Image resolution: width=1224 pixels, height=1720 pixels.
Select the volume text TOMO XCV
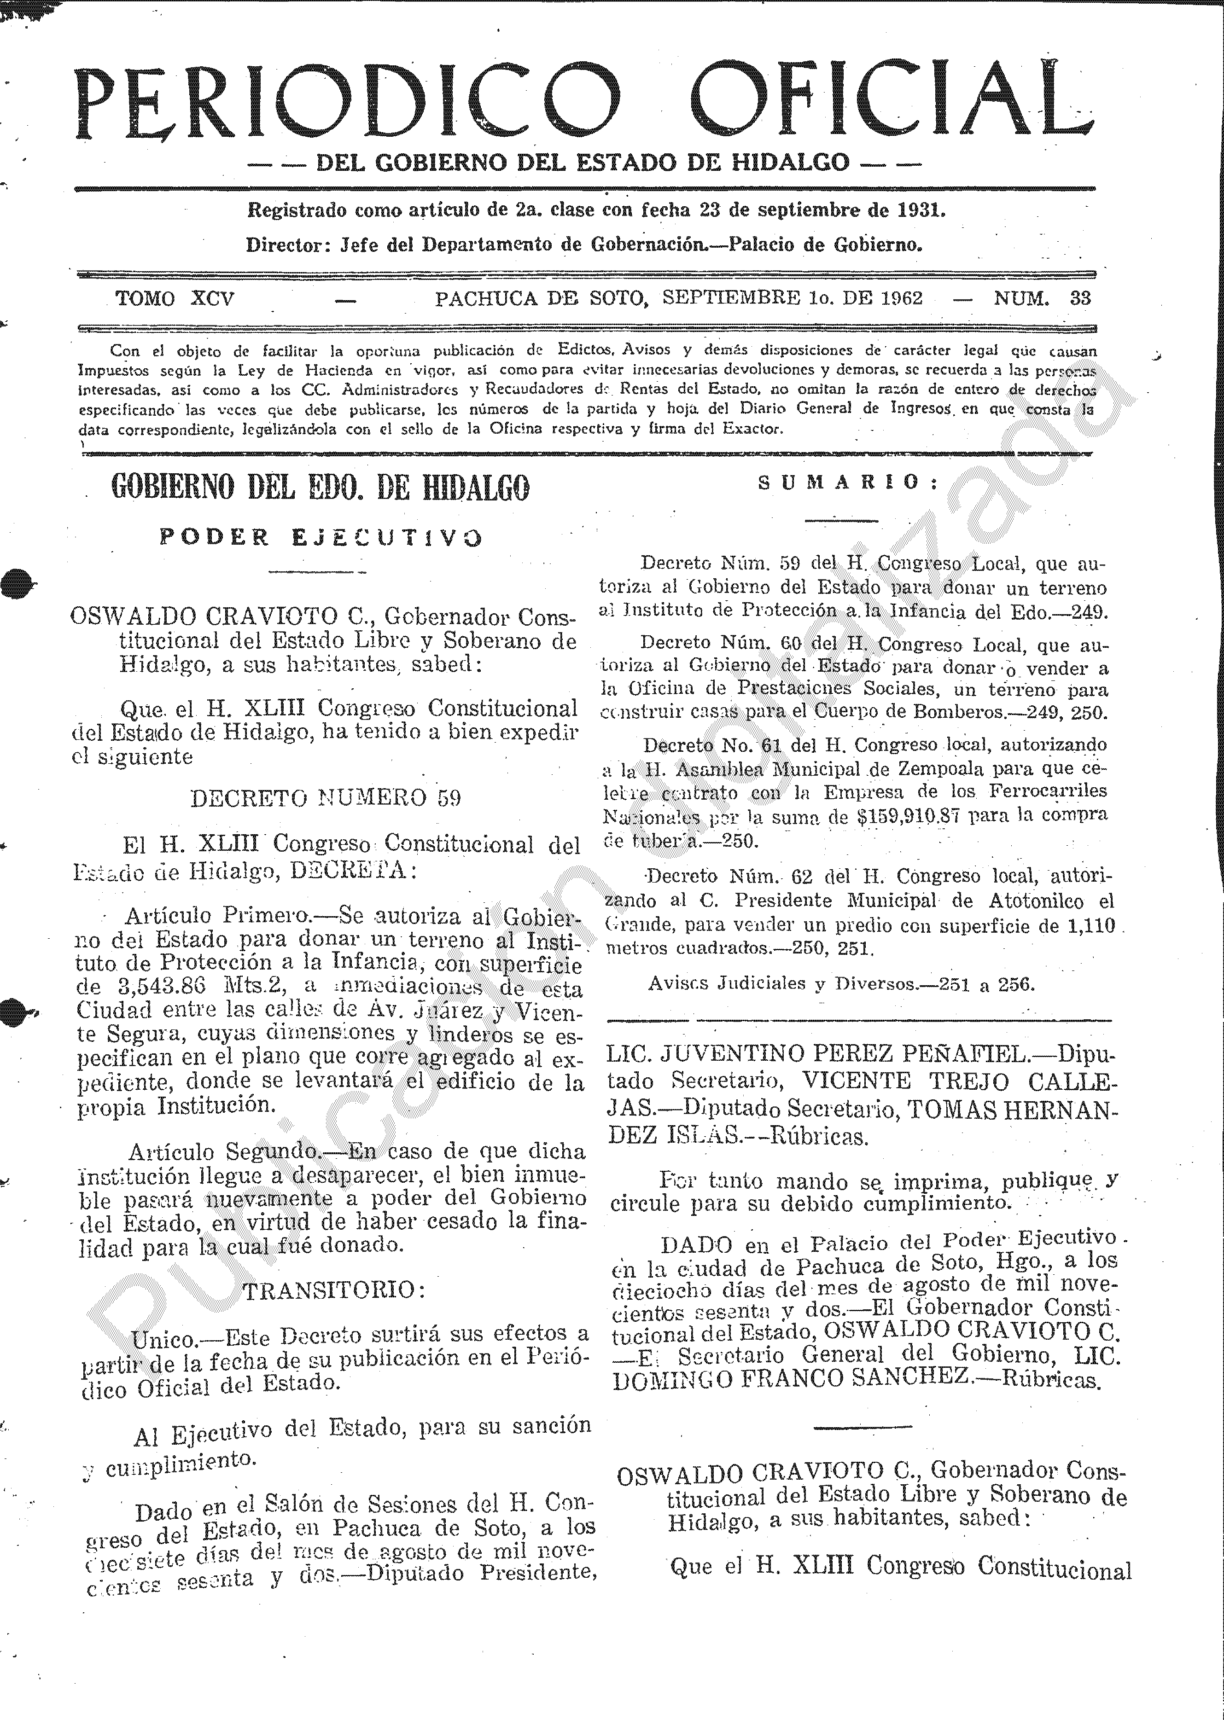175,298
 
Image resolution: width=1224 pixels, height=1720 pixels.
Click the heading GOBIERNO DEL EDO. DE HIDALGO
321,488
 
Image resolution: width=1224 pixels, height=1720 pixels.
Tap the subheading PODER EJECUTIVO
321,537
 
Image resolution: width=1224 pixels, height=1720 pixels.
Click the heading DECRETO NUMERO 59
326,798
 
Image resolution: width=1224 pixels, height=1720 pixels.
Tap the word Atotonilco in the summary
1019,901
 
